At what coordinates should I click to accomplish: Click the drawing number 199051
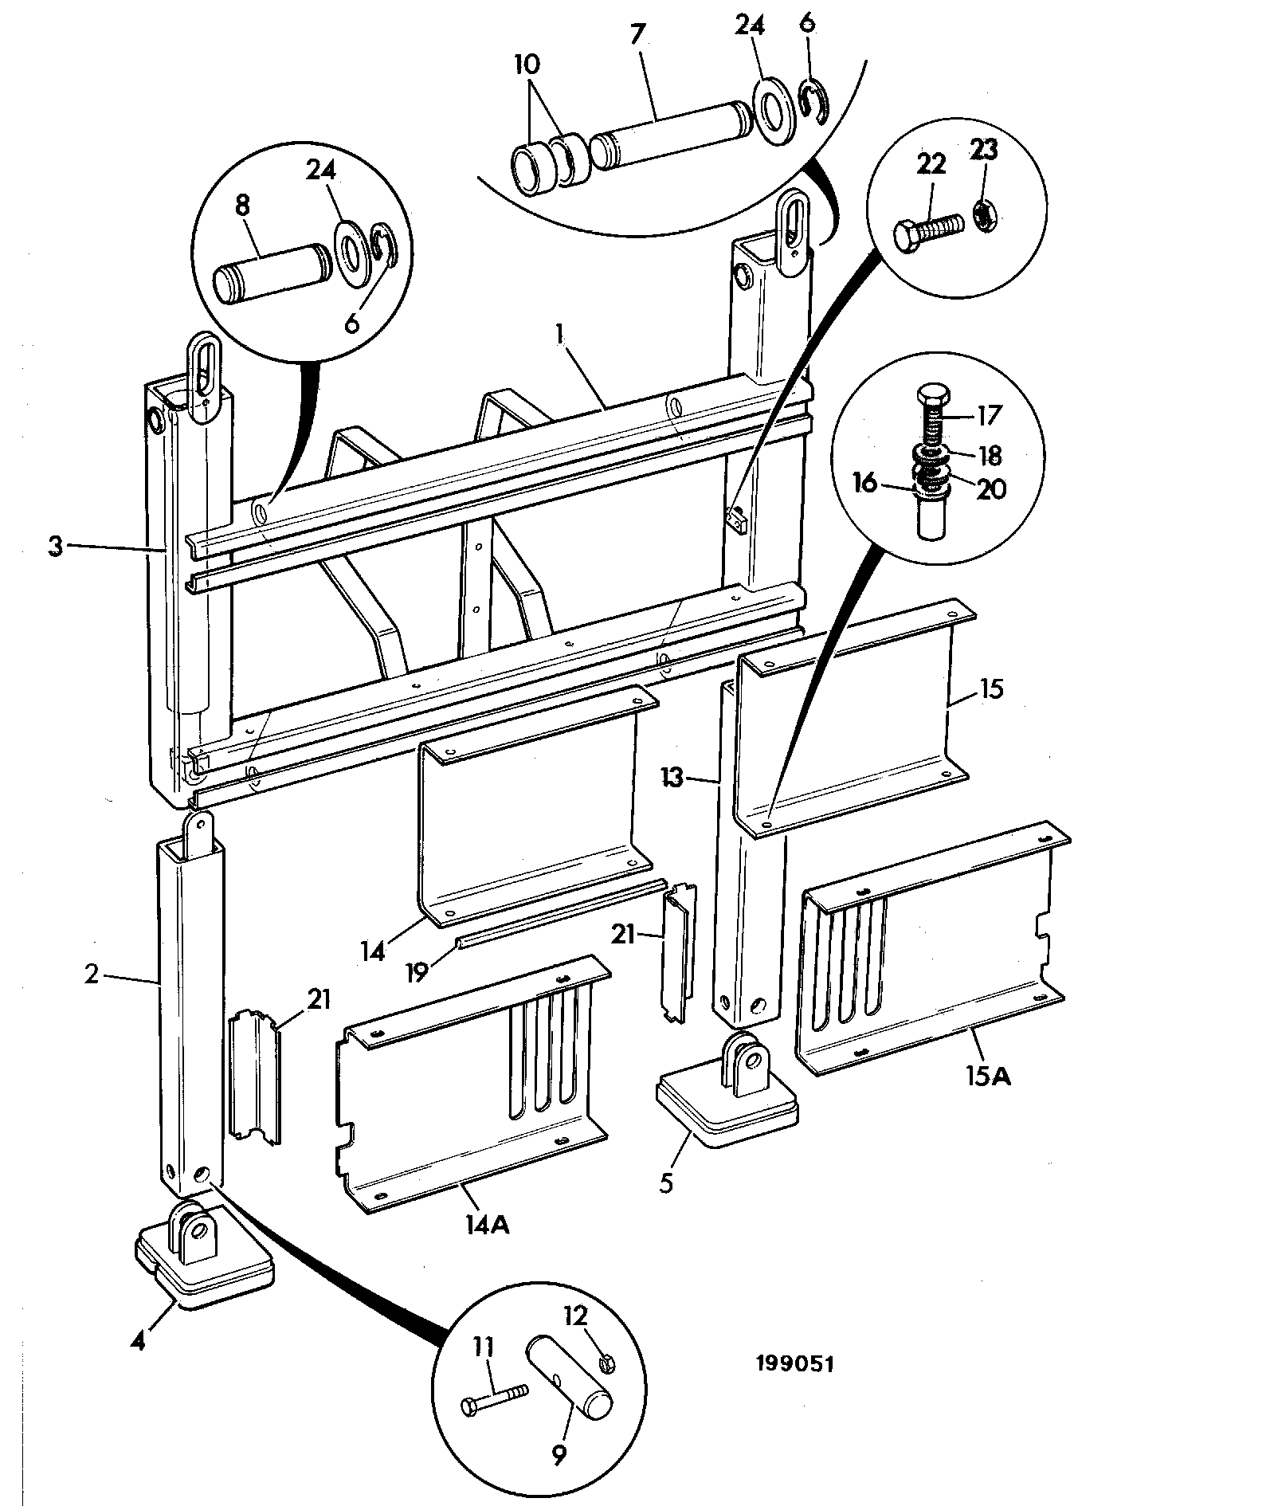tap(794, 1363)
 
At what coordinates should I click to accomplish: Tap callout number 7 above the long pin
tap(638, 34)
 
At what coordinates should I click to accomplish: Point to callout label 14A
tap(488, 1245)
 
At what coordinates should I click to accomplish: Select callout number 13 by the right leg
tap(673, 777)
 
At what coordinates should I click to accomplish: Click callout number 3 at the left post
tap(55, 548)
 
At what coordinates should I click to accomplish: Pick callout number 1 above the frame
tap(561, 334)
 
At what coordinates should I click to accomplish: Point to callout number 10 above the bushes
tap(527, 65)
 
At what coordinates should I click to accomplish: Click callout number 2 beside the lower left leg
tap(92, 974)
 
